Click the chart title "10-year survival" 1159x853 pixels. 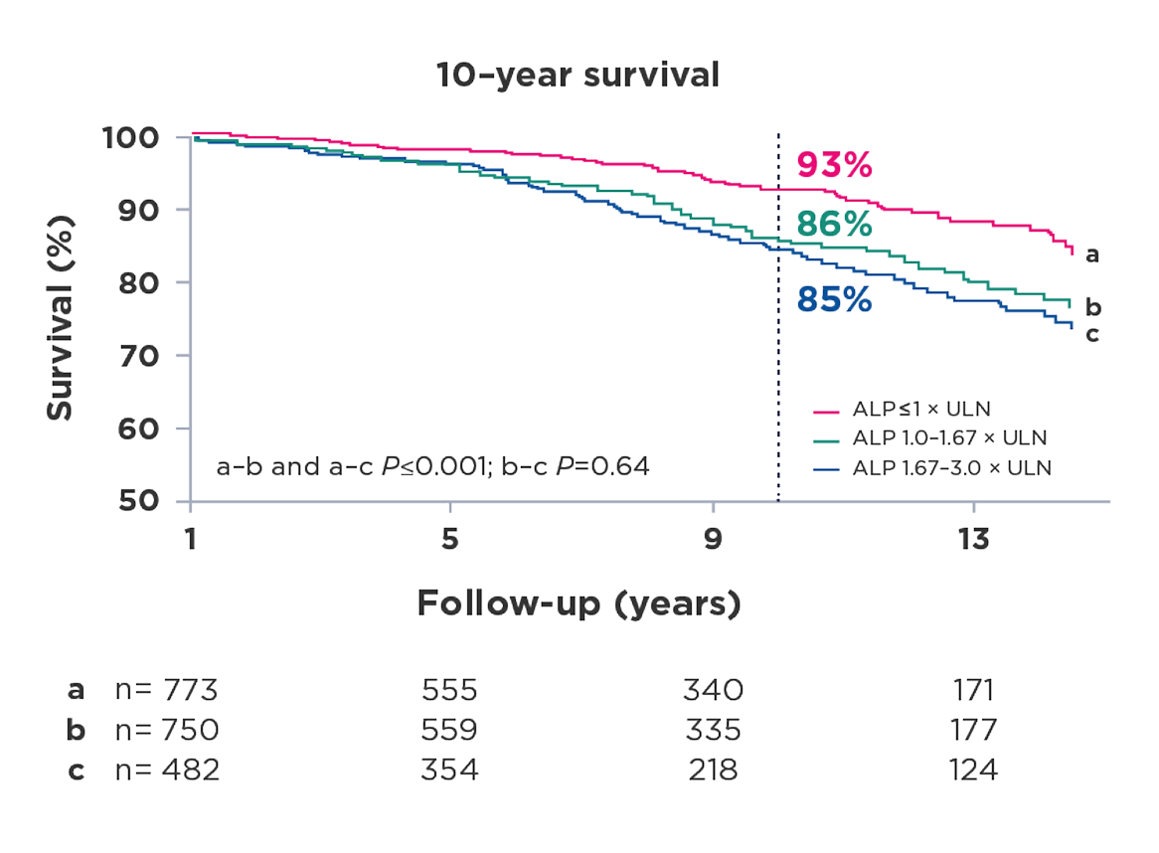point(578,78)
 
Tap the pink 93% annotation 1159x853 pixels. point(834,165)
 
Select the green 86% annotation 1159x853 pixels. point(834,226)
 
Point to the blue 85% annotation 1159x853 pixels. point(834,299)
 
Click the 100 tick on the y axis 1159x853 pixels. point(141,137)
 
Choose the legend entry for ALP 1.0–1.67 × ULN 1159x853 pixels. point(950,437)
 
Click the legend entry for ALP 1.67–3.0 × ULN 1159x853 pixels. point(950,468)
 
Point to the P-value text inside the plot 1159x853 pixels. point(433,466)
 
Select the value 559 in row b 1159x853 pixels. point(449,730)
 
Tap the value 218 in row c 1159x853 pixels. point(713,770)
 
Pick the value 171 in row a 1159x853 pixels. point(972,689)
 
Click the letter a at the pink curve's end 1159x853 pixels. point(1091,256)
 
